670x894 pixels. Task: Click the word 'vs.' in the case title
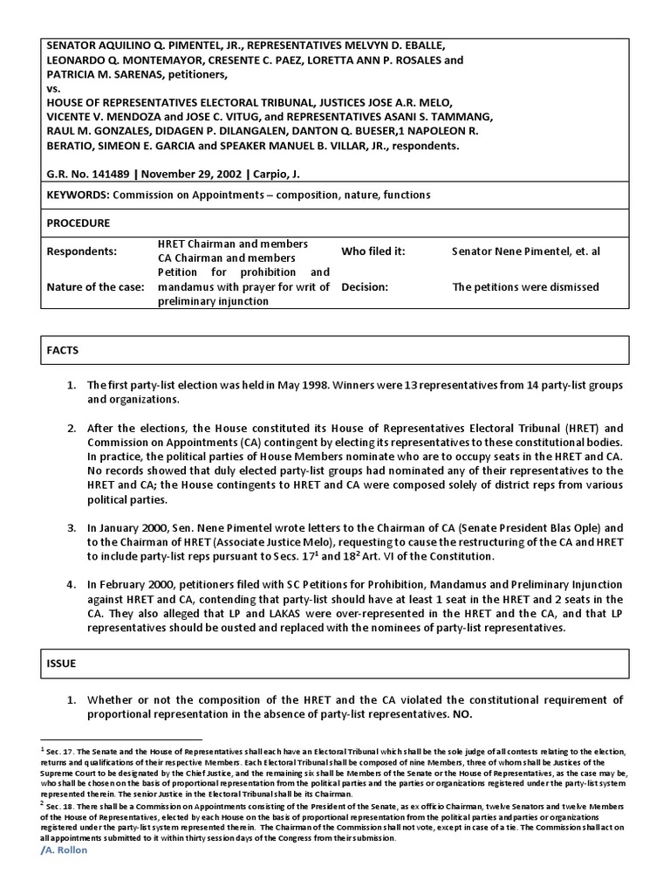pos(54,88)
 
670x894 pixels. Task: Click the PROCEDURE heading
pos(78,223)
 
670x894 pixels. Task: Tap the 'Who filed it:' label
pos(373,251)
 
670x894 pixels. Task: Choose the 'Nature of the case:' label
pos(95,286)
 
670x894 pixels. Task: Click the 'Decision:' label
pos(366,286)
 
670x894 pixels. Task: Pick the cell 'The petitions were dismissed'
pos(524,286)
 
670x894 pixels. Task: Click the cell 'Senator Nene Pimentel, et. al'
pos(525,251)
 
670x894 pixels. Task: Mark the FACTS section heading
pos(62,350)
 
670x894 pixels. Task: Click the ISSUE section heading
pos(61,664)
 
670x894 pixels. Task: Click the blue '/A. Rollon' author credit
pos(65,850)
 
